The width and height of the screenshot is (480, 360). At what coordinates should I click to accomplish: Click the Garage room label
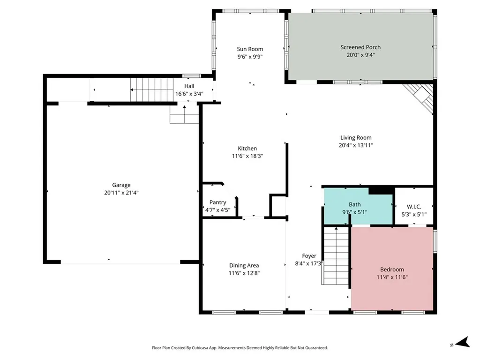[x=121, y=185]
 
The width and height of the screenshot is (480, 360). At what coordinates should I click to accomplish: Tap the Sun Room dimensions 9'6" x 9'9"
[x=250, y=57]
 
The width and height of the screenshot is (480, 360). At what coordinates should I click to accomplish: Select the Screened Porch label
[x=360, y=47]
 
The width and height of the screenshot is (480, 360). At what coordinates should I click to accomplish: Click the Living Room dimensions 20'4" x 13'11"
[x=356, y=145]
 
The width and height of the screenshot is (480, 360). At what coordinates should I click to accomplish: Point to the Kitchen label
[x=247, y=149]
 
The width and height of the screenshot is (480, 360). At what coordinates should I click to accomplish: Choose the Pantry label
[x=217, y=202]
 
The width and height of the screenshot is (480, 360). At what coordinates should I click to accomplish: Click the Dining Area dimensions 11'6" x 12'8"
[x=244, y=273]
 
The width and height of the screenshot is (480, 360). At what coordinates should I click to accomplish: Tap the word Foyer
[x=309, y=256]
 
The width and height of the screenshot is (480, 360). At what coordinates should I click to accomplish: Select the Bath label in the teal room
[x=355, y=204]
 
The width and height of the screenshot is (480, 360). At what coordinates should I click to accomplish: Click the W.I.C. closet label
[x=414, y=207]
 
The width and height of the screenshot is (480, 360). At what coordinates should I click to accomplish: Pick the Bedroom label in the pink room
[x=392, y=270]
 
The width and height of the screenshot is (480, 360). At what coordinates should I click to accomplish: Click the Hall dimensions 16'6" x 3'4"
[x=189, y=94]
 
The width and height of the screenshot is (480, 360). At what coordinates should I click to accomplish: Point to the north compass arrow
[x=463, y=342]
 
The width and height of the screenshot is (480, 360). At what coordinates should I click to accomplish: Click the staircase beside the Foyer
[x=336, y=256]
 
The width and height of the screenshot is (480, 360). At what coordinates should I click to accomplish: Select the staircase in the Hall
[x=152, y=90]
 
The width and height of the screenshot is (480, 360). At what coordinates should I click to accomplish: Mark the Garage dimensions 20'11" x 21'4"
[x=121, y=193]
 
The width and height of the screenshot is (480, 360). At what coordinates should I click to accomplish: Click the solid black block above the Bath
[x=382, y=190]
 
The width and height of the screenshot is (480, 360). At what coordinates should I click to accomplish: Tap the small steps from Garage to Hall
[x=184, y=114]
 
